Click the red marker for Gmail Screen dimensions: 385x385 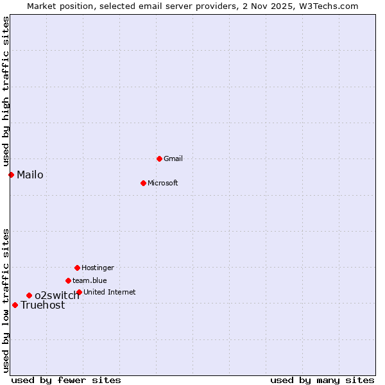tap(159, 158)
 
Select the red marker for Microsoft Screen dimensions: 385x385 tap(143, 183)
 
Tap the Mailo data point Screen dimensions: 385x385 tap(11, 175)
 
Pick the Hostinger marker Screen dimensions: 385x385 tap(77, 268)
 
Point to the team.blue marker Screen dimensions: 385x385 tap(68, 280)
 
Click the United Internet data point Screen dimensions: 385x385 tap(79, 292)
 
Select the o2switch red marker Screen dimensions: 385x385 tap(29, 295)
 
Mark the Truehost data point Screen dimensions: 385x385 tap(15, 305)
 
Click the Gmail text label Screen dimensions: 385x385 tap(173, 158)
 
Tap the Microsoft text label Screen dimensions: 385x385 tap(163, 183)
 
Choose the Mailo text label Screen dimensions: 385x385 tap(30, 175)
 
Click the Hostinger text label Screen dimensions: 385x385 tap(98, 268)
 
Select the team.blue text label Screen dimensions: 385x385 tap(90, 280)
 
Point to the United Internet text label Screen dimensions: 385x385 tap(110, 292)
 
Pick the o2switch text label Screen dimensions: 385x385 tap(57, 295)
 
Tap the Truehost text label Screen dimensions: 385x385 tap(43, 305)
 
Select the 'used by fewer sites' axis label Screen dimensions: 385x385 tap(66, 380)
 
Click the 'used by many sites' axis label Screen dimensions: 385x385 tap(322, 380)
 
